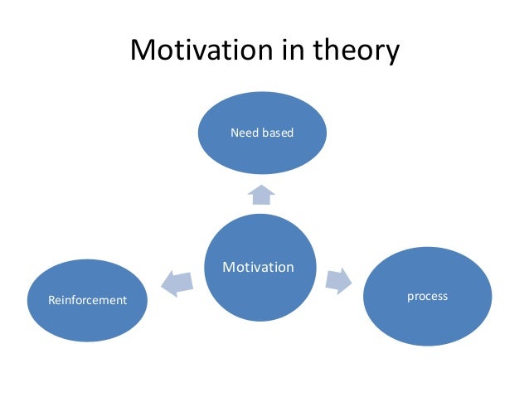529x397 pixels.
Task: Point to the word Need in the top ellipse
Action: click(244, 132)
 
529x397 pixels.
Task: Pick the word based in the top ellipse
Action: click(278, 132)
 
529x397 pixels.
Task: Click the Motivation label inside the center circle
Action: click(259, 267)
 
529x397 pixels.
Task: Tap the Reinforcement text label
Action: click(87, 300)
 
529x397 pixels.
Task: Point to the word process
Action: click(426, 297)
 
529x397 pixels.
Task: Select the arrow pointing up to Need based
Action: click(261, 195)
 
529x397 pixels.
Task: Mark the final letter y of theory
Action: click(391, 55)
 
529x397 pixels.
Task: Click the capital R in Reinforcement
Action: click(51, 300)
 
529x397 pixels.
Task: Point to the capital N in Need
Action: click(234, 132)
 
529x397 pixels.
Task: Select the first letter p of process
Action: click(410, 298)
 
